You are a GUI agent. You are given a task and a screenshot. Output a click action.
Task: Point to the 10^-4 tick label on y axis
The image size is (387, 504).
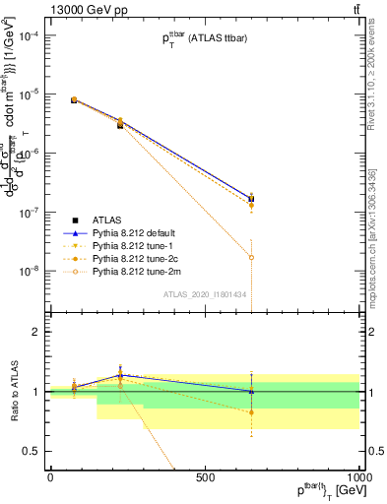click(28, 35)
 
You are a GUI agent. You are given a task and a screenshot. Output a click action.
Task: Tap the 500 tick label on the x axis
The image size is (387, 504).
click(205, 477)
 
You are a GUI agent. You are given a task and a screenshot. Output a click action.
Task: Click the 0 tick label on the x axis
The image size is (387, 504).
click(50, 477)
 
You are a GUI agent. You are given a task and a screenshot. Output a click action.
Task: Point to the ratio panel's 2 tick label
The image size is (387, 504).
click(34, 333)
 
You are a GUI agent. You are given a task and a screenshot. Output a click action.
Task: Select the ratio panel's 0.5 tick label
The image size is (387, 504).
click(31, 451)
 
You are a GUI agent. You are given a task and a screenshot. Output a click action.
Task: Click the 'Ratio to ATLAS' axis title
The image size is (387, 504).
click(12, 392)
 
